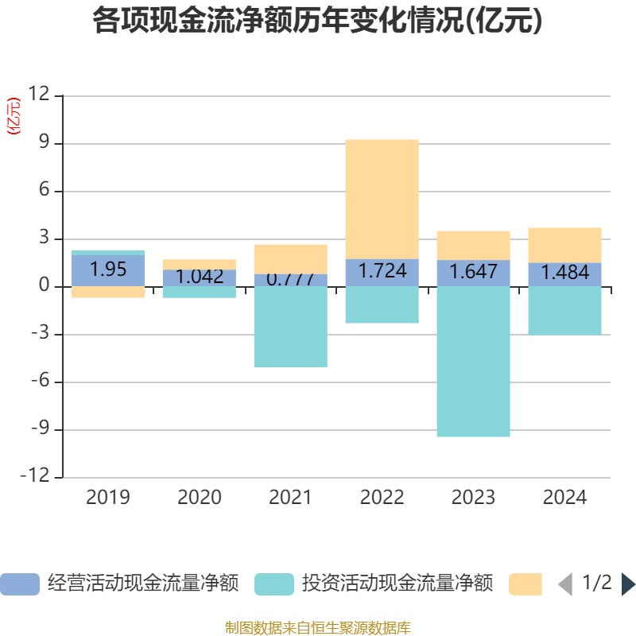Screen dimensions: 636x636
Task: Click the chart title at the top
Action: [317, 21]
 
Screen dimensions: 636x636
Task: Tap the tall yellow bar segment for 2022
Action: [382, 199]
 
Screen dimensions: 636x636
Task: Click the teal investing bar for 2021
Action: [290, 327]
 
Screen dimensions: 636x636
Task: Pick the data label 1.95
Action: [108, 270]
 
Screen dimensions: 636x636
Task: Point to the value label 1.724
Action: [382, 271]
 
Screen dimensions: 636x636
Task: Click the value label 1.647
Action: [474, 272]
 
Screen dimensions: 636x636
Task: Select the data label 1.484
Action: [565, 273]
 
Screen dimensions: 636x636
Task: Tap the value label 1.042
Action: [200, 277]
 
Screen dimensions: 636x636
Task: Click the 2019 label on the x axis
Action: [108, 498]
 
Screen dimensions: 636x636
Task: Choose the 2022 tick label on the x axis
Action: [382, 498]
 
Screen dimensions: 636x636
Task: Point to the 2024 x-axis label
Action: [565, 498]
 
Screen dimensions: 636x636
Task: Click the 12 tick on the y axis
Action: [39, 95]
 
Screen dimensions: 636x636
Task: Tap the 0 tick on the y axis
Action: [45, 286]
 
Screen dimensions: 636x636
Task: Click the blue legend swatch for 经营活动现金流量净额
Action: [20, 584]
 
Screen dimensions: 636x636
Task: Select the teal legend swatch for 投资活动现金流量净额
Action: [274, 584]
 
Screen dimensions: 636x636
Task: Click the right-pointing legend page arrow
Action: [628, 584]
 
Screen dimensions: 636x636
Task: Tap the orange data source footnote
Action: [317, 628]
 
